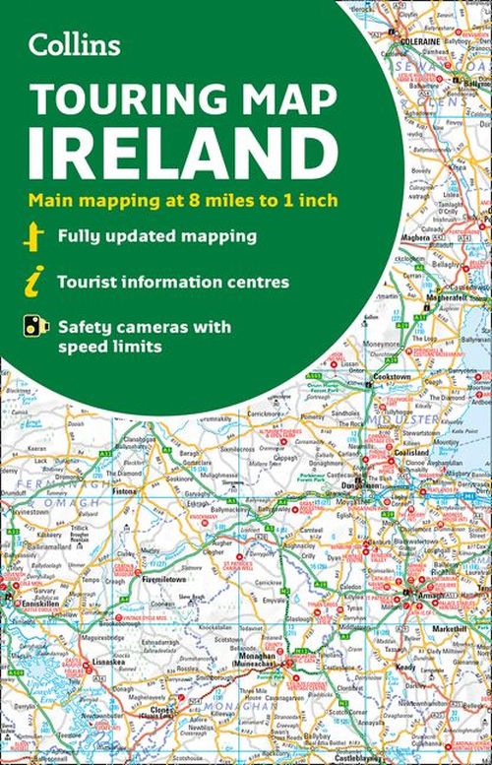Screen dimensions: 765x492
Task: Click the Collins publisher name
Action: [75, 44]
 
